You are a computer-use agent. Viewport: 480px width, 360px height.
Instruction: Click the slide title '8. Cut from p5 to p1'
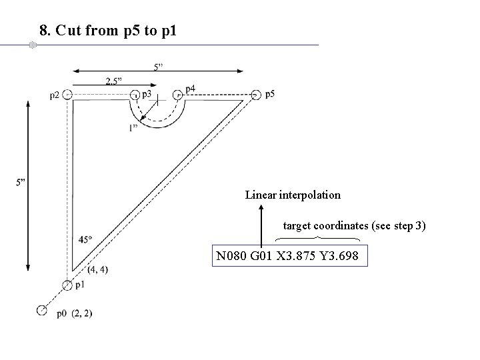pyautogui.click(x=108, y=31)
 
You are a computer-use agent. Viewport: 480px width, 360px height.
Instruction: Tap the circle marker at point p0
pyautogui.click(x=42, y=310)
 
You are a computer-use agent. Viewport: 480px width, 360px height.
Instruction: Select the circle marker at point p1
pyautogui.click(x=67, y=285)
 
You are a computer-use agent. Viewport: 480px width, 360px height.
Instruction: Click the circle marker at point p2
pyautogui.click(x=67, y=95)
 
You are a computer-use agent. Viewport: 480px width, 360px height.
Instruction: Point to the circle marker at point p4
pyautogui.click(x=178, y=95)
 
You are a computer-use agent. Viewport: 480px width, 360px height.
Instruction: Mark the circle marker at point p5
pyautogui.click(x=257, y=95)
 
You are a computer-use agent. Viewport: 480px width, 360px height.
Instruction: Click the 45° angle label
pyautogui.click(x=85, y=239)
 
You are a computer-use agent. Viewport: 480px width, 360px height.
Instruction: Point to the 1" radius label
pyautogui.click(x=134, y=127)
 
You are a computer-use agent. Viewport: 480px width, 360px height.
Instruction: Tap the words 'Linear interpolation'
pyautogui.click(x=293, y=195)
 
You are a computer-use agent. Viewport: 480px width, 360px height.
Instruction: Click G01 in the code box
pyautogui.click(x=262, y=256)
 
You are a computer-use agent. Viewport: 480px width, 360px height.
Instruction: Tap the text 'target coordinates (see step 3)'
pyautogui.click(x=355, y=226)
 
